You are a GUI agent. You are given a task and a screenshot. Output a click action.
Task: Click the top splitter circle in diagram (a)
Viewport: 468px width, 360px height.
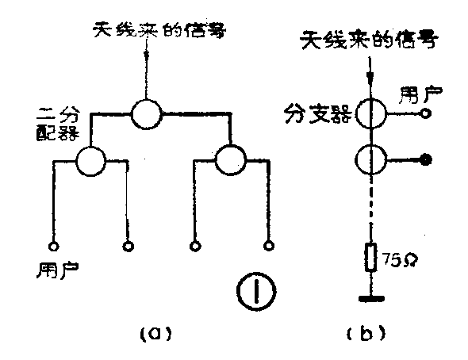(146, 113)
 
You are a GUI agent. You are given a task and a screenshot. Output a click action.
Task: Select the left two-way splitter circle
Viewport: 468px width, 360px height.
(91, 162)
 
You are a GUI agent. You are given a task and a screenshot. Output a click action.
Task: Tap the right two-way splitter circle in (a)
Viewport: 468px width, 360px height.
(231, 162)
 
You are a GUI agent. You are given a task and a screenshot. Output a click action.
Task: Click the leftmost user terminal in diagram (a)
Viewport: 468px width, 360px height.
(54, 245)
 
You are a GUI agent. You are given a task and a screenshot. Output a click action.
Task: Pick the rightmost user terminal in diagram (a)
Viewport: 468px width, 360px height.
(270, 245)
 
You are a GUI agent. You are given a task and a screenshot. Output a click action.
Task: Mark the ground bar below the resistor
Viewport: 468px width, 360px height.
(370, 301)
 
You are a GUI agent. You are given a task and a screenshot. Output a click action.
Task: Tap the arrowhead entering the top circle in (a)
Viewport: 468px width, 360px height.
(146, 89)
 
